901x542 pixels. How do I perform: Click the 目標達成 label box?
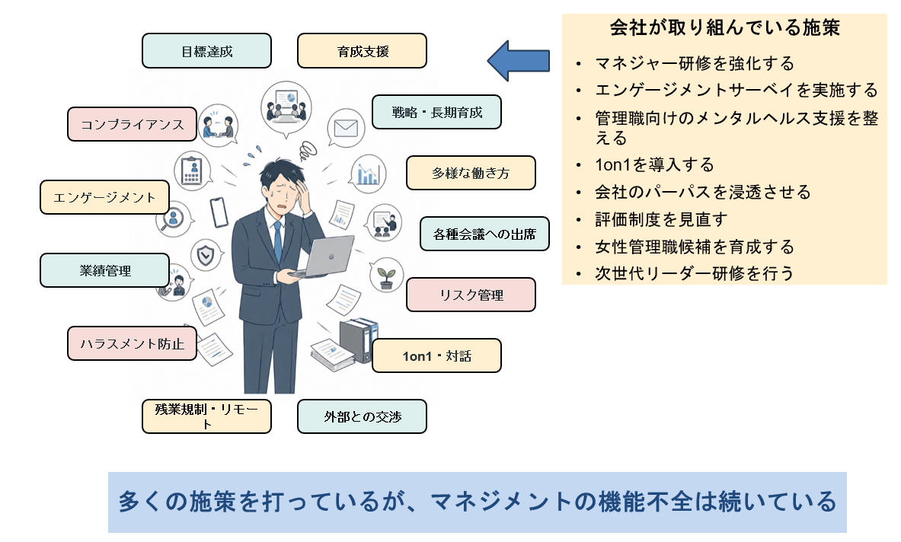coord(207,51)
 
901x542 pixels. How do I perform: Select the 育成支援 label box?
coord(362,51)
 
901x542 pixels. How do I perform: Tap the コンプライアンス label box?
coord(133,124)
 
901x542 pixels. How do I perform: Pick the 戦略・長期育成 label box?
coord(436,112)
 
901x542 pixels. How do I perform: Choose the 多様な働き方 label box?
coord(471,173)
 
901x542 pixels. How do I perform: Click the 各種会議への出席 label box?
coord(484,234)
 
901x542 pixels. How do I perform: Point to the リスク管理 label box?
coord(471,295)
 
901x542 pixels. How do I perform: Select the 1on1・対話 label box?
coord(436,356)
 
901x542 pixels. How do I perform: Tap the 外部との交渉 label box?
coord(362,416)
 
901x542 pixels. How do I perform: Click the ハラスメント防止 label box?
coord(133,343)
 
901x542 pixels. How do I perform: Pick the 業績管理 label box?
coord(104,270)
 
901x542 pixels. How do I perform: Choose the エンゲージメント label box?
coord(104,197)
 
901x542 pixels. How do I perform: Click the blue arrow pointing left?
coord(519,60)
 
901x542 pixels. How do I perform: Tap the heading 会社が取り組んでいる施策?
coord(724,27)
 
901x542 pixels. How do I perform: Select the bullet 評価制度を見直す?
coord(661,219)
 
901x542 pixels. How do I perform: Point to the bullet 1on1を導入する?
coord(654,164)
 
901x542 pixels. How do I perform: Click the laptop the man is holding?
coord(324,257)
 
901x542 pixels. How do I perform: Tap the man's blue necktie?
coord(278,242)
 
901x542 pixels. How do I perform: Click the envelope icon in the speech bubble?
coord(346,128)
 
